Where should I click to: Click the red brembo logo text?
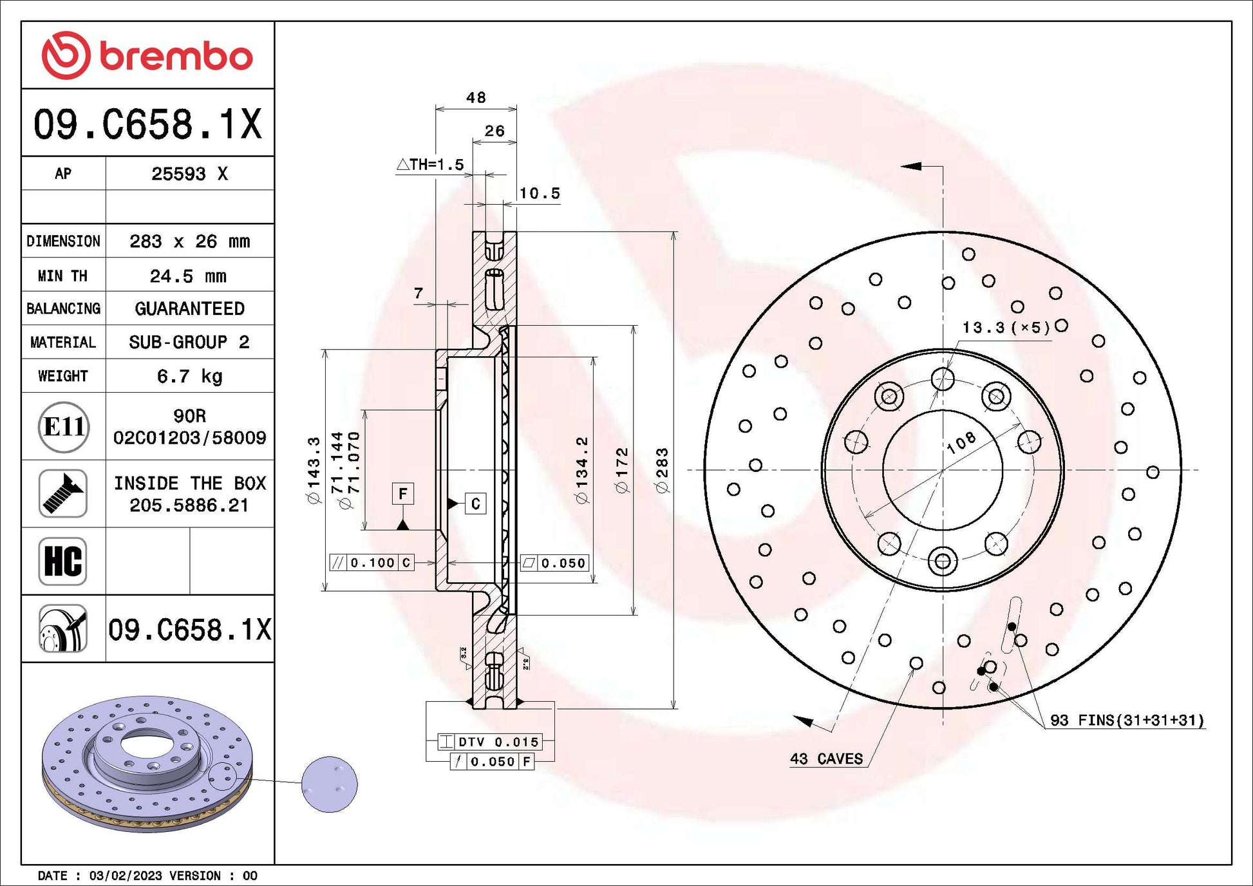175,57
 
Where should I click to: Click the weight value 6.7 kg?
189,376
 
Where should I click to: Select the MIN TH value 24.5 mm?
188,276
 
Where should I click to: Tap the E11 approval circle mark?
63,427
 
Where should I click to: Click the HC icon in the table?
63,561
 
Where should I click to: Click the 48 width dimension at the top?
476,97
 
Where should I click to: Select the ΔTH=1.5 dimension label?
430,165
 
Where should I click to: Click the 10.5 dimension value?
539,193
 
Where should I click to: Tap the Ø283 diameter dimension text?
662,471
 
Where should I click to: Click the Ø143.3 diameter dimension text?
314,469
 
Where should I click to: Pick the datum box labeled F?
402,494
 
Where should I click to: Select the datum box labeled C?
475,504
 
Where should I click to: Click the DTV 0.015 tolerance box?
490,742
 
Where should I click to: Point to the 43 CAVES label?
826,759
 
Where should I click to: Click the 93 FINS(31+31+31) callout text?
1126,720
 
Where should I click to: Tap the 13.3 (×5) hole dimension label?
1005,328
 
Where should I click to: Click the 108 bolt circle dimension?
961,442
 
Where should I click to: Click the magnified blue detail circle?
329,784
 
